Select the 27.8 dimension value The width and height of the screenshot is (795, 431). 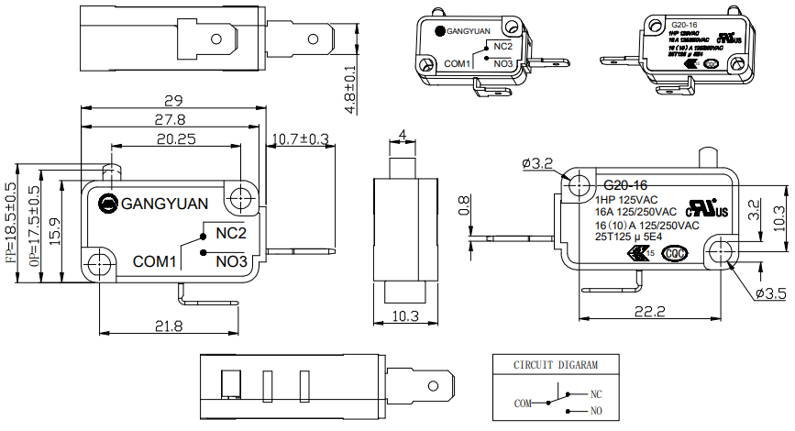pos(170,119)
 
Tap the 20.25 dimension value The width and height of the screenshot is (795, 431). pos(175,139)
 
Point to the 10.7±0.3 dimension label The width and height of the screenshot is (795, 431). pos(302,139)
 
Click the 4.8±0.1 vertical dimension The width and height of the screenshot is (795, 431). pos(350,89)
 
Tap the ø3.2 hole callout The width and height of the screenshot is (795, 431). pos(537,163)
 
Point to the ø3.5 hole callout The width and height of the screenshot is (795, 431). pos(771,293)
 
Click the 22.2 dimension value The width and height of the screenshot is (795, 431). pos(647,312)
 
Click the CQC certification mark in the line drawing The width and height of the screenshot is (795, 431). pos(675,254)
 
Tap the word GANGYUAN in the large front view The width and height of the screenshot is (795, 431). pos(165,203)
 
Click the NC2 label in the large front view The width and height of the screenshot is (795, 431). pos(232,233)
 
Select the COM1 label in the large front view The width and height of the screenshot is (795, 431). pos(154,261)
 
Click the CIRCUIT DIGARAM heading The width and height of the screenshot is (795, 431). pos(547,365)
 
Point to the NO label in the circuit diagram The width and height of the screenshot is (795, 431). pos(596,413)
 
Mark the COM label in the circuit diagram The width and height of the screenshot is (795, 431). pos(523,403)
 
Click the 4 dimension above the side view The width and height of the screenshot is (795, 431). pos(403,136)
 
